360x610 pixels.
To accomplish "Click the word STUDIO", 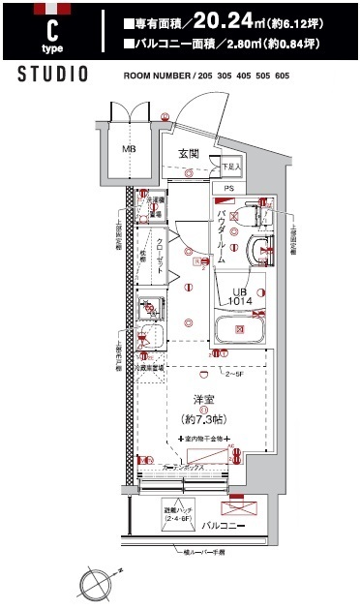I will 54,75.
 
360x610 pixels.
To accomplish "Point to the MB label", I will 128,151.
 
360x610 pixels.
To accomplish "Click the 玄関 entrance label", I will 189,153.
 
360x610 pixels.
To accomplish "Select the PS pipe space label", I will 229,188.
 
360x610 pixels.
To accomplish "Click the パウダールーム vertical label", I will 222,235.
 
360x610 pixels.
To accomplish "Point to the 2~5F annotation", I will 234,372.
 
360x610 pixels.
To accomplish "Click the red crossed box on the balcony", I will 239,506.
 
